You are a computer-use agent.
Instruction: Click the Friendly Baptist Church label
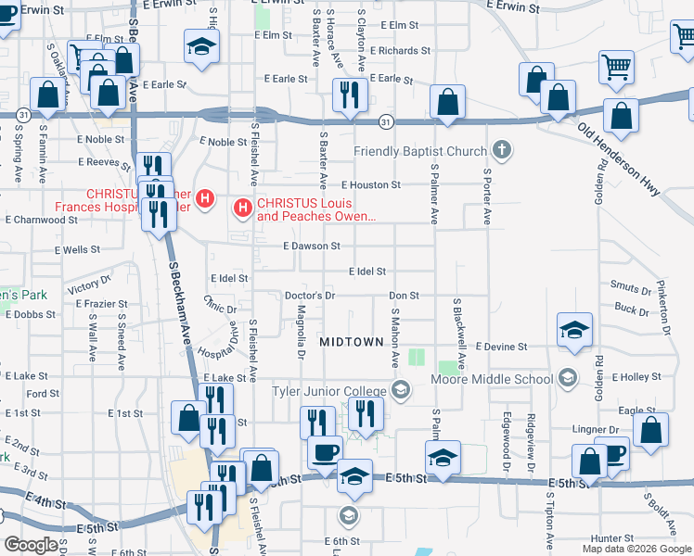click(x=420, y=152)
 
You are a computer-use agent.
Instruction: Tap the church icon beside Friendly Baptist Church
click(x=501, y=149)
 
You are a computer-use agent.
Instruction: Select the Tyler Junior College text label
click(x=329, y=391)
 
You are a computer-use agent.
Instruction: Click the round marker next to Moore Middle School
click(x=568, y=378)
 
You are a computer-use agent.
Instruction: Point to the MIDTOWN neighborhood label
click(x=351, y=342)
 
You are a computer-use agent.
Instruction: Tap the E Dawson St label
click(x=312, y=246)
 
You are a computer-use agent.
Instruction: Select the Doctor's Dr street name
click(x=309, y=296)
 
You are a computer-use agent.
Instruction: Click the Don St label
click(x=405, y=296)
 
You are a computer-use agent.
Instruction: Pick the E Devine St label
click(x=501, y=347)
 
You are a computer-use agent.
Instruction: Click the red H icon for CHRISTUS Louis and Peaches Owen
click(x=243, y=206)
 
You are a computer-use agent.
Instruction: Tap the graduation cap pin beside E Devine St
click(x=575, y=329)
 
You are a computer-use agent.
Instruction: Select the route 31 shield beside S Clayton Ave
click(x=384, y=121)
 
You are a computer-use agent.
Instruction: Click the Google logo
click(x=31, y=545)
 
